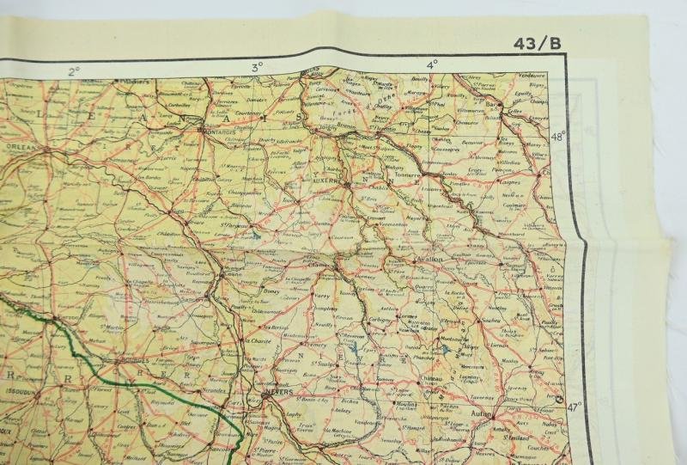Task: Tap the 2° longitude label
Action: coord(75,71)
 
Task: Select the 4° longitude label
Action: coord(431,63)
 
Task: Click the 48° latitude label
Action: coord(558,136)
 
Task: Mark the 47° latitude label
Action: coord(573,406)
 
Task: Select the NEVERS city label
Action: coord(279,397)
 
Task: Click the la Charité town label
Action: coord(256,340)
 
